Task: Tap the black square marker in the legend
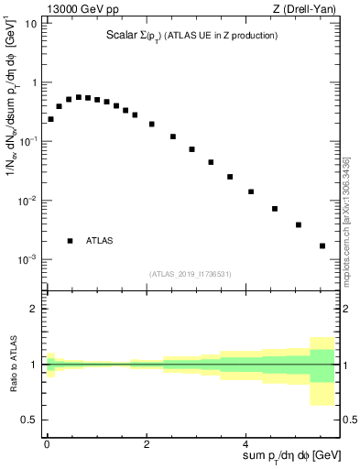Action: pos(71,241)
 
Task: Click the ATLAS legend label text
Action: pos(100,241)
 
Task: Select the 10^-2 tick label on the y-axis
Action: pos(27,201)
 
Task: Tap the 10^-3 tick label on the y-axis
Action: pos(27,259)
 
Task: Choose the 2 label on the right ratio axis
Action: pos(347,309)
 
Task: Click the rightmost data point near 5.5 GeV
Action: pos(322,245)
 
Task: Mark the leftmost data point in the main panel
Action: pos(50,119)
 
